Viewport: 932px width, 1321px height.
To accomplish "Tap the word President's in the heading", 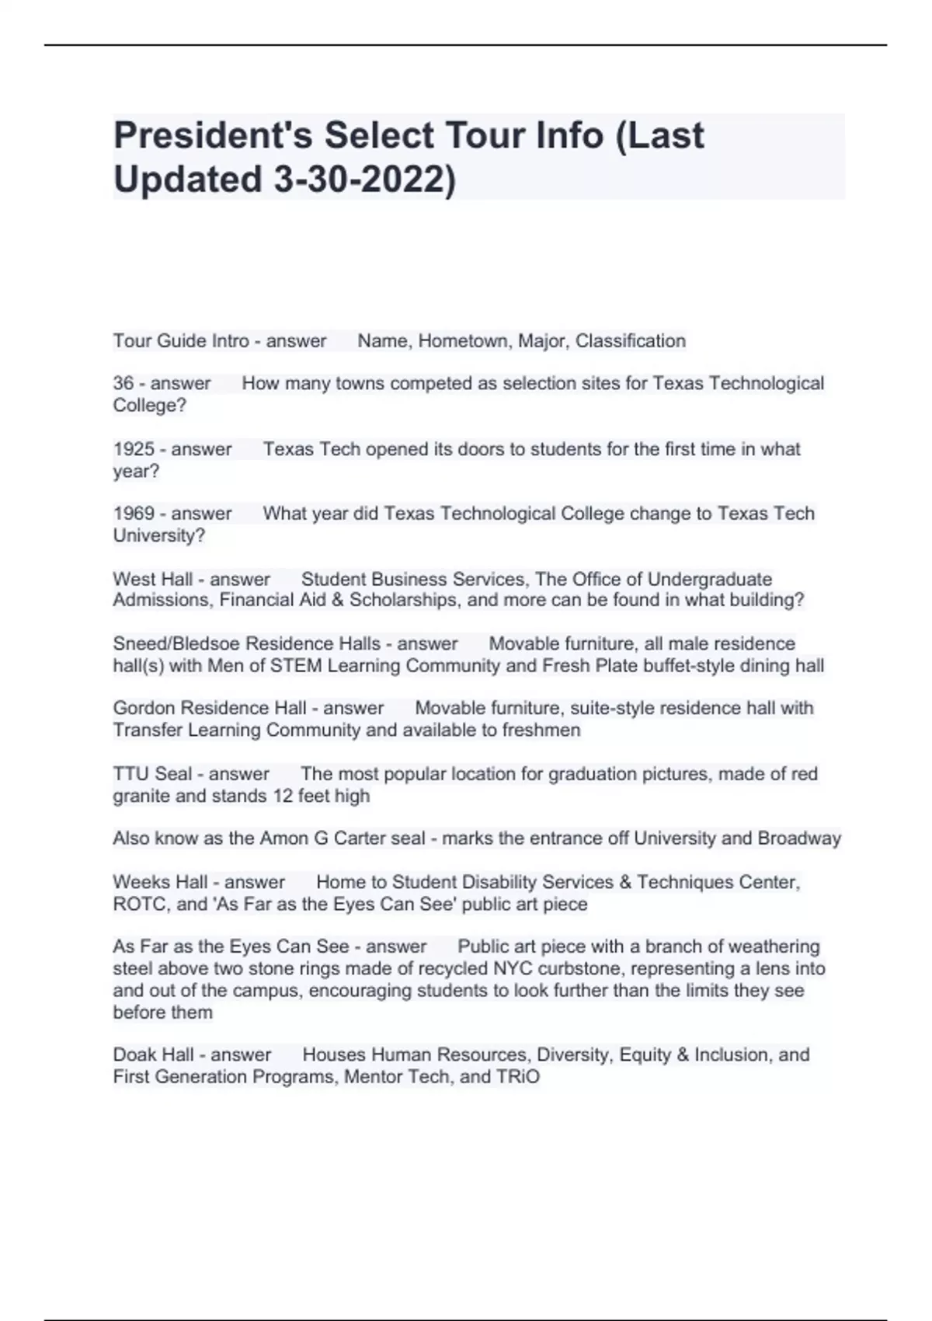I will tap(211, 135).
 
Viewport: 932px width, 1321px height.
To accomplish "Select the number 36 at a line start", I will tap(123, 383).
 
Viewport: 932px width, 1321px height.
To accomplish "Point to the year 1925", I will tap(134, 449).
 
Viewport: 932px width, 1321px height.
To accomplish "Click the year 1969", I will tap(134, 514).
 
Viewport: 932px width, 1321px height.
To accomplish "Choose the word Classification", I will tap(630, 341).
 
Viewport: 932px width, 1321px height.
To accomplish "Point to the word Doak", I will tap(132, 1054).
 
